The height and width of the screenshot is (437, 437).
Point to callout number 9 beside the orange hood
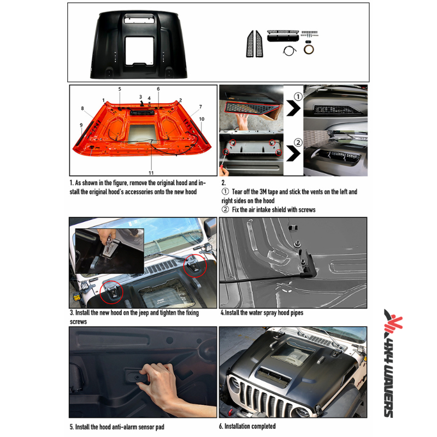[81, 125]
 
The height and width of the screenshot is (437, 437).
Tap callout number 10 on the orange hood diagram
[202, 119]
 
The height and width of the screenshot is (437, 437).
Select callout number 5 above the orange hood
[120, 89]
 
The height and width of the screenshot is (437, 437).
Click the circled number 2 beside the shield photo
[297, 143]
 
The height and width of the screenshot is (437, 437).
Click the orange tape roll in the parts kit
[310, 50]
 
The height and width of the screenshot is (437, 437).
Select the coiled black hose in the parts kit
[289, 50]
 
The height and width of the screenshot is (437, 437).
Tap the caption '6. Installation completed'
[247, 426]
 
